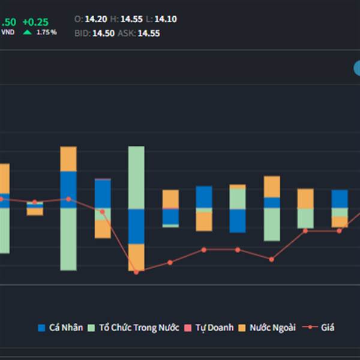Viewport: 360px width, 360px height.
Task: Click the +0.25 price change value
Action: pyautogui.click(x=35, y=22)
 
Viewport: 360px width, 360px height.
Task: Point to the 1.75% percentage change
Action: pyautogui.click(x=47, y=32)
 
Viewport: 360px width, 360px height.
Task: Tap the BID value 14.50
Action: pyautogui.click(x=103, y=34)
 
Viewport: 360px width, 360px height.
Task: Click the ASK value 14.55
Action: pyautogui.click(x=149, y=34)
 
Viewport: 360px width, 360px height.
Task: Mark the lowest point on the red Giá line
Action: pyautogui.click(x=136, y=272)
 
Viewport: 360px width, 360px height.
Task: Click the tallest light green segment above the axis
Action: pyautogui.click(x=136, y=177)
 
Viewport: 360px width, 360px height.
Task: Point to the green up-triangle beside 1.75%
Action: pyautogui.click(x=27, y=32)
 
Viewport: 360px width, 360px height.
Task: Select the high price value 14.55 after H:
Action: pyautogui.click(x=131, y=19)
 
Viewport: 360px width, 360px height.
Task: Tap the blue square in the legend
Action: pyautogui.click(x=41, y=328)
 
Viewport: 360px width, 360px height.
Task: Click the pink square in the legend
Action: pyautogui.click(x=188, y=328)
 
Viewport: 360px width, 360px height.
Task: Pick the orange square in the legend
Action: pyautogui.click(x=242, y=328)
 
